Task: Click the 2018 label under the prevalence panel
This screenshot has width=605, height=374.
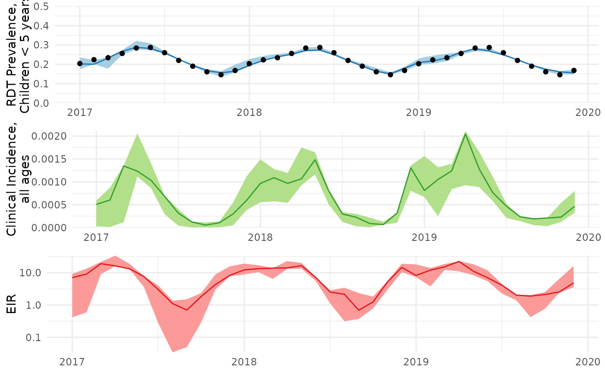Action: point(249,113)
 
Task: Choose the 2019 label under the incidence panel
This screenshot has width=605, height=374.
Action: point(424,237)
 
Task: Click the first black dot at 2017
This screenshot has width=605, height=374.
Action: point(80,64)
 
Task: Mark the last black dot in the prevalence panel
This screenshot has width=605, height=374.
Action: point(573,70)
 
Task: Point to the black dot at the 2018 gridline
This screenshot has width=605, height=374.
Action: point(249,64)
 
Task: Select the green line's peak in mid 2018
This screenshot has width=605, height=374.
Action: point(315,160)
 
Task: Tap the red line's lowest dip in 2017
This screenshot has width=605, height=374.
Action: point(187,310)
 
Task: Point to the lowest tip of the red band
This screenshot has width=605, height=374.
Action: point(173,352)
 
